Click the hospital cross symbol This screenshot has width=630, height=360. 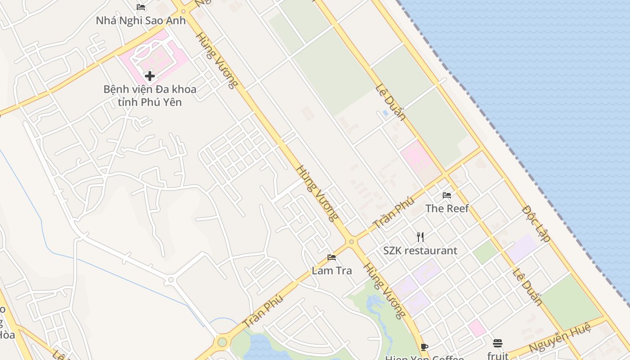click(150, 76)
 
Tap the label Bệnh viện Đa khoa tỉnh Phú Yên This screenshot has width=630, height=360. click(150, 95)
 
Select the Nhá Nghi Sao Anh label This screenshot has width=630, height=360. click(140, 20)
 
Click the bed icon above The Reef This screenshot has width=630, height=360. click(447, 195)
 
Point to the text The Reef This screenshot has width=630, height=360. click(447, 208)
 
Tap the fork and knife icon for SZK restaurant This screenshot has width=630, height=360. click(420, 237)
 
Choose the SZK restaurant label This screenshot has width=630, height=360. click(420, 251)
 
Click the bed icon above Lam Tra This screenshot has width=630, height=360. click(332, 257)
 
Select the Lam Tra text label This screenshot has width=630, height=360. click(332, 270)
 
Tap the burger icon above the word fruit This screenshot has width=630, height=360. click(497, 343)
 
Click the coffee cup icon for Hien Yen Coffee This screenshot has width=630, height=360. click(424, 346)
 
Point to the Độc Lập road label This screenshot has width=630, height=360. click(536, 224)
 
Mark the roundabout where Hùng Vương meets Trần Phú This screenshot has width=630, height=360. click(351, 242)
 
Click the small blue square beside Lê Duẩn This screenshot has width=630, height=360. click(385, 113)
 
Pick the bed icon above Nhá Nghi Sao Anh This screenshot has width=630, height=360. click(140, 7)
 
